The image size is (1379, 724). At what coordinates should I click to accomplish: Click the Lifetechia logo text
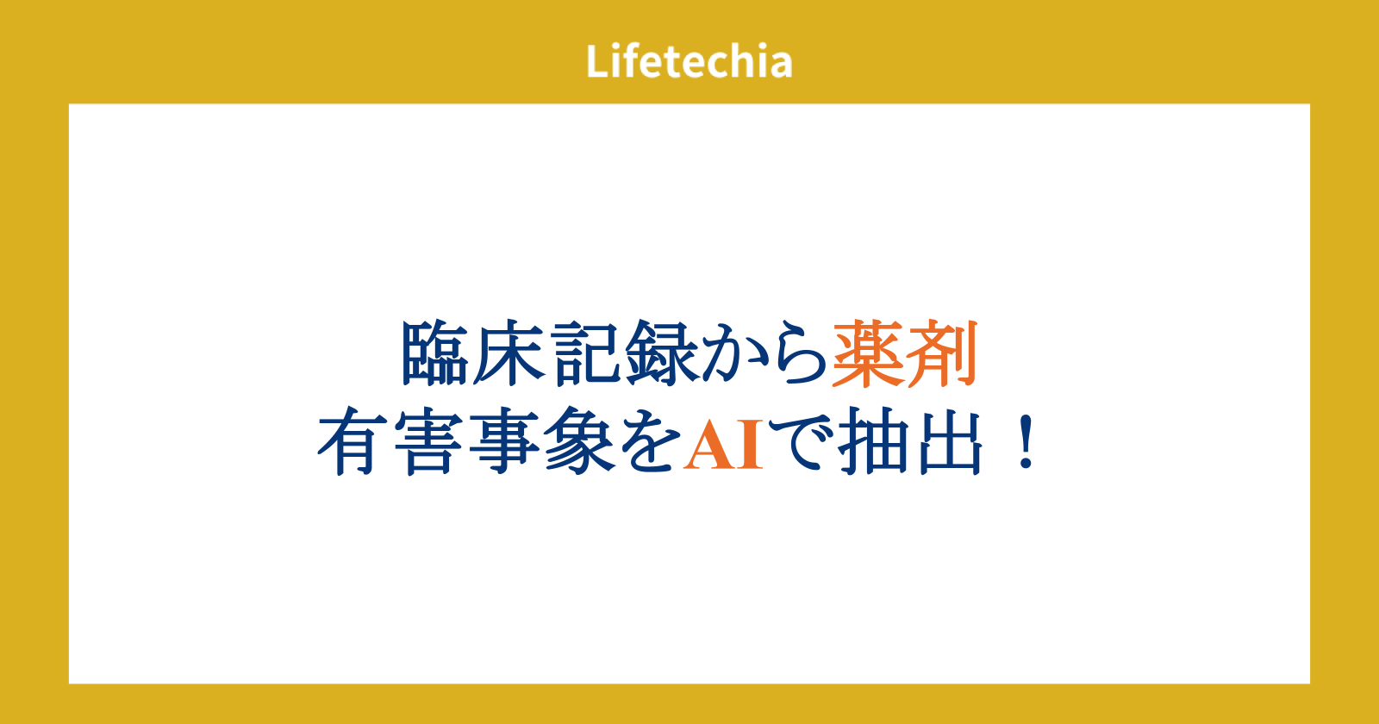coord(689,61)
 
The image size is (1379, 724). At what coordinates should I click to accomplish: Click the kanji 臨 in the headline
coord(434,353)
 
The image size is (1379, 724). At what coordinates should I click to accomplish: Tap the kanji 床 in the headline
coord(508,353)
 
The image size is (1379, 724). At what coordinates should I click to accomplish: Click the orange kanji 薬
coord(868,353)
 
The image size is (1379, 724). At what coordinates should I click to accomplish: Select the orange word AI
coord(723,445)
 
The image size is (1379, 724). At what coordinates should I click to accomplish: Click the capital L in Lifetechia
coord(597,61)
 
